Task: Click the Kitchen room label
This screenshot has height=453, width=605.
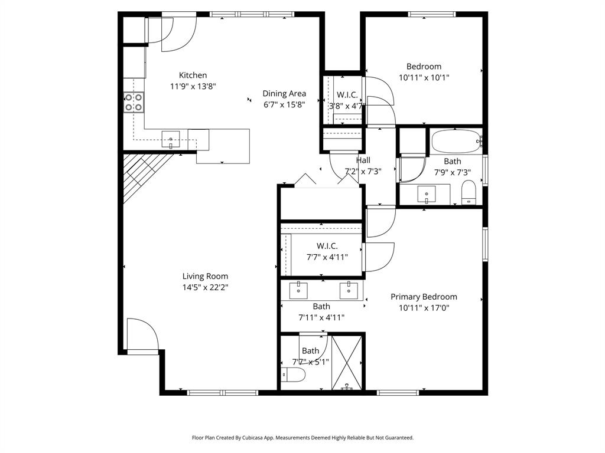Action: (193, 75)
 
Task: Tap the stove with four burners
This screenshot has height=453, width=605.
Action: (134, 103)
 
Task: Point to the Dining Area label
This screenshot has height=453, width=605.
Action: (284, 93)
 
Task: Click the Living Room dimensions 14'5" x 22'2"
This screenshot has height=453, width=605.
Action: (205, 287)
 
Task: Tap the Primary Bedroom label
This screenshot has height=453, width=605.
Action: (424, 297)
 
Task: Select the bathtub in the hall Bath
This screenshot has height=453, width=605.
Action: (456, 142)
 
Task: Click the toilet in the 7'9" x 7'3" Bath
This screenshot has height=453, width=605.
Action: (469, 192)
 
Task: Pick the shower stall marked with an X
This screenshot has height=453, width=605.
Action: (347, 362)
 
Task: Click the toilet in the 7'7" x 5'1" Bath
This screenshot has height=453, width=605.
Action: (293, 375)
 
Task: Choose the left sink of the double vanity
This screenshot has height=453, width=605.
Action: (298, 289)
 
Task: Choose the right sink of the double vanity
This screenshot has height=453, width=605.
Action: (349, 289)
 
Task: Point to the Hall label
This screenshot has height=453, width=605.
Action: (363, 160)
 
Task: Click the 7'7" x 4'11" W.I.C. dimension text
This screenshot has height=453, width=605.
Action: (327, 257)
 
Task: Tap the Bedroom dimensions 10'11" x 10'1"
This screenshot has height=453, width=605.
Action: (424, 77)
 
